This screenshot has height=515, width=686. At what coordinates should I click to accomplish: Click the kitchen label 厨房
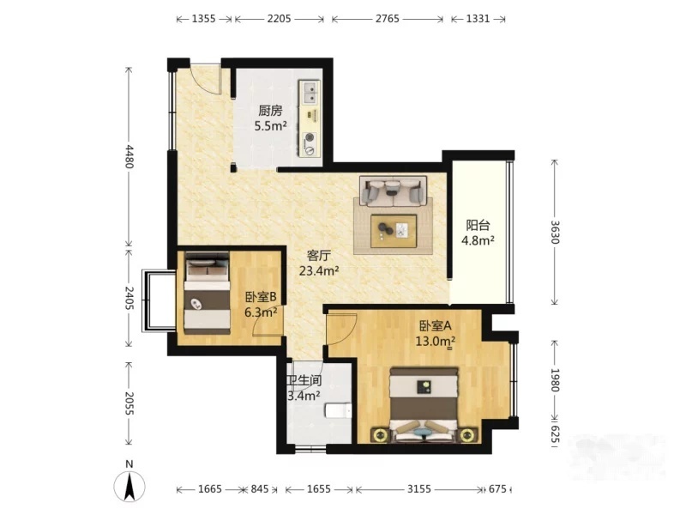(270, 112)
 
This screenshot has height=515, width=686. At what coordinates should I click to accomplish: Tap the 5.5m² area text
(270, 126)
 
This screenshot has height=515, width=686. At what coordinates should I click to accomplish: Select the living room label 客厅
(318, 256)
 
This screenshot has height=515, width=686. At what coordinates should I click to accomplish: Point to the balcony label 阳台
(478, 226)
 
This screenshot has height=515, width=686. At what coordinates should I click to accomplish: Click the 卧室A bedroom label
(435, 326)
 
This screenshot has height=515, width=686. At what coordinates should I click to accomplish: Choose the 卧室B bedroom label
(261, 297)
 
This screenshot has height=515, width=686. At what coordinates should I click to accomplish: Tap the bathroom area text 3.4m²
(304, 396)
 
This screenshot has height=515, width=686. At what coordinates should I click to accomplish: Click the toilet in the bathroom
(338, 411)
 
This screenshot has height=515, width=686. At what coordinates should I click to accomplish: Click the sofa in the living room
(393, 191)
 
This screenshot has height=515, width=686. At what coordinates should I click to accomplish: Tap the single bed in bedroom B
(207, 294)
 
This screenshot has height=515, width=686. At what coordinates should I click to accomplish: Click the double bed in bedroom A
(424, 405)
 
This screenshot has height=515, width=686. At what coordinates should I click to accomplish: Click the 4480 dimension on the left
(129, 156)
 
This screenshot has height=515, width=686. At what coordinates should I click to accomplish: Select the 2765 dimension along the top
(388, 19)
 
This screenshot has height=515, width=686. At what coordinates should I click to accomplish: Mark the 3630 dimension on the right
(554, 232)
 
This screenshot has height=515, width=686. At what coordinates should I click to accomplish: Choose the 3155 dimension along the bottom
(419, 488)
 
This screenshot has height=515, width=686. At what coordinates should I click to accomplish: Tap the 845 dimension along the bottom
(260, 488)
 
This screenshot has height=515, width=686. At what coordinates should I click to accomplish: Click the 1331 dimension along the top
(478, 19)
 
